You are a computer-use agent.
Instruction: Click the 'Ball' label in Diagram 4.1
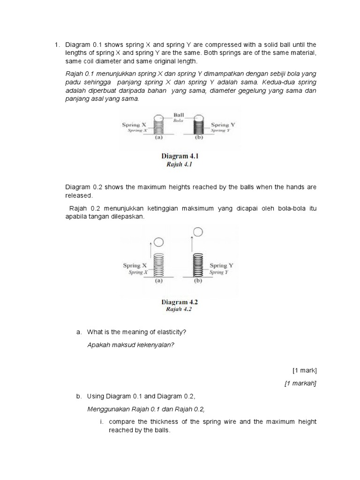(x=179, y=114)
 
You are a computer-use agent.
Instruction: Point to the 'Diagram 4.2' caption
(x=180, y=302)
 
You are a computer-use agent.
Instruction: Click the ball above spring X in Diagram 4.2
(x=158, y=242)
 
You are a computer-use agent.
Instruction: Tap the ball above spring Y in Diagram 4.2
(x=198, y=232)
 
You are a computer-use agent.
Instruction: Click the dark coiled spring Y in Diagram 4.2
(x=199, y=265)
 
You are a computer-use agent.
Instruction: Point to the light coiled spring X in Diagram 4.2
(x=159, y=265)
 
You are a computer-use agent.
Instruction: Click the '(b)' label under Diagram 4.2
(x=198, y=281)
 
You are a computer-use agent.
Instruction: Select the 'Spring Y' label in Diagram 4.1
(x=220, y=125)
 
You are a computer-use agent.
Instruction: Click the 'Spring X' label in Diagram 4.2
(x=135, y=265)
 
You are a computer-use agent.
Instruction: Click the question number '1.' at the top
(x=57, y=45)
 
